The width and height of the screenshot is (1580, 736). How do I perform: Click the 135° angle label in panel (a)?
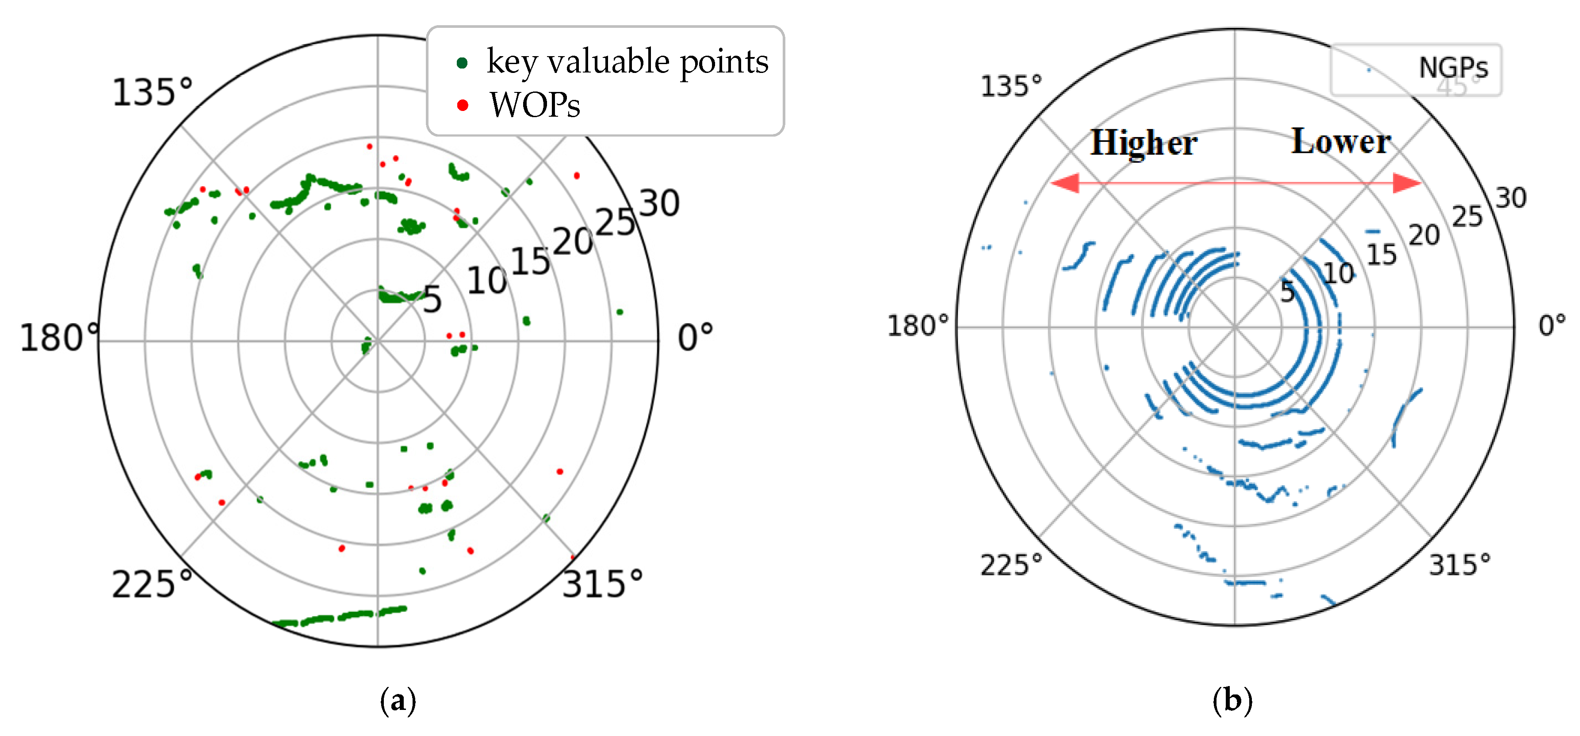click(152, 93)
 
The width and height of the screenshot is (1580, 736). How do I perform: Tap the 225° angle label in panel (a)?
click(152, 584)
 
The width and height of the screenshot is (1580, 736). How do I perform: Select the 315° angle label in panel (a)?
click(602, 584)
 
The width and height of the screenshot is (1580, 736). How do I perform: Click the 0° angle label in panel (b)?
click(1552, 325)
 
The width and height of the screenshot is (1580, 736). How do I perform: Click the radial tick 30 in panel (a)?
click(659, 204)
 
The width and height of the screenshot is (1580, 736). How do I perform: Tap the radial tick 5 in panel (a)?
click(432, 300)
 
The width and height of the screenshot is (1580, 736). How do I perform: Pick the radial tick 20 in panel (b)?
click(1423, 236)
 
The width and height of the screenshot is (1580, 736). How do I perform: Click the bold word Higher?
click(1143, 144)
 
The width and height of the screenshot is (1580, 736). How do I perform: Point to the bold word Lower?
click(1341, 142)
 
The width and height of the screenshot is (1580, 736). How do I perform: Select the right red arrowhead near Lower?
click(1406, 183)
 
